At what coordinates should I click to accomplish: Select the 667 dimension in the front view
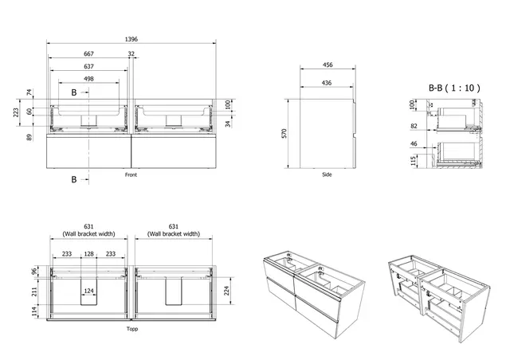89,54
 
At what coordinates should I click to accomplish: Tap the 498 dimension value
89,79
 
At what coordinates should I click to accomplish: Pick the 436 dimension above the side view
328,83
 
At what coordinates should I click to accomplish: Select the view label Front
134,174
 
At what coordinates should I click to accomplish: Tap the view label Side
327,174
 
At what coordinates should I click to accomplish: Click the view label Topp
132,329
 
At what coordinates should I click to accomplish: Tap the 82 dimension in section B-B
415,126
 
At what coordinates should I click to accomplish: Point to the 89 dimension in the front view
29,138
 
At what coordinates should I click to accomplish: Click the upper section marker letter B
74,93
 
